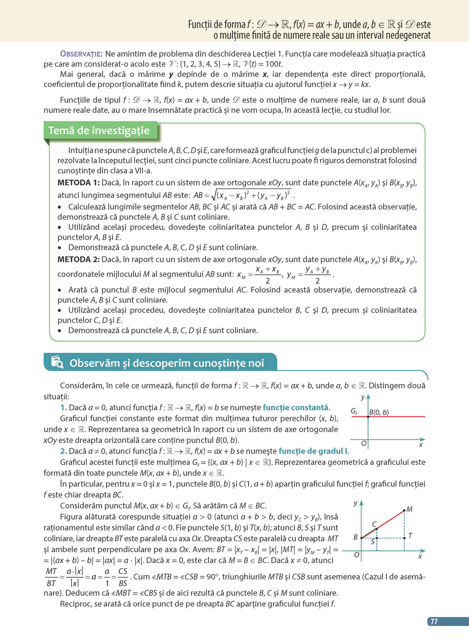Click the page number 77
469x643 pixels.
[434, 622]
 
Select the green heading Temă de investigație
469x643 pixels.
[99, 130]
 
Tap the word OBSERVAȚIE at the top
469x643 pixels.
[81, 54]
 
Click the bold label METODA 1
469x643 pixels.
[78, 183]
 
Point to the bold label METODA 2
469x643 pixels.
[78, 260]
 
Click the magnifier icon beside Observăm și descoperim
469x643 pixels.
[57, 362]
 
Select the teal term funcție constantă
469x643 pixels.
[296, 408]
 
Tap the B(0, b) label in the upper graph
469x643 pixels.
[379, 412]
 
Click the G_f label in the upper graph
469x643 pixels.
[354, 411]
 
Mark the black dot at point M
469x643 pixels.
[404, 510]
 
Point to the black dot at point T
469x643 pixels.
[404, 538]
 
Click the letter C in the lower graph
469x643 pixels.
[375, 524]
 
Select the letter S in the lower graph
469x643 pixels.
[372, 542]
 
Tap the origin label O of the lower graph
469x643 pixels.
[356, 555]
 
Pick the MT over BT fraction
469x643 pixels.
[51, 577]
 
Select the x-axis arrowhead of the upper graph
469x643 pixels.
[423, 440]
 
